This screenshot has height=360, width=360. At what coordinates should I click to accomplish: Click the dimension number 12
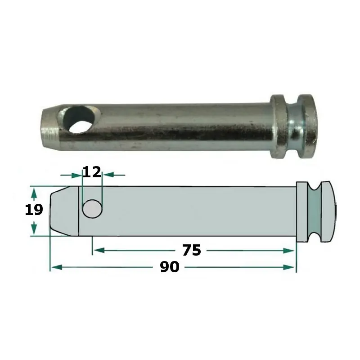pos(92,172)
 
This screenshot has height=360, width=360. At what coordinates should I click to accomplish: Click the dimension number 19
pos(34,210)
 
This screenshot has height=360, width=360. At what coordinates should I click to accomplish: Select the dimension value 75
pos(192,250)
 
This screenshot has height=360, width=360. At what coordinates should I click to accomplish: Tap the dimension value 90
pos(170,267)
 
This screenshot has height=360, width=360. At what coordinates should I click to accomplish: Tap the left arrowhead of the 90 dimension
pos(54,267)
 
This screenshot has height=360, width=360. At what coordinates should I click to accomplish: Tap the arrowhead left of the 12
pos(77,175)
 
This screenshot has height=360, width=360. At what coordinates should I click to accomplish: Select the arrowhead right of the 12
pos(108,175)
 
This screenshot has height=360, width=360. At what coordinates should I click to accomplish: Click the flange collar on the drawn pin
pos(302,211)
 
